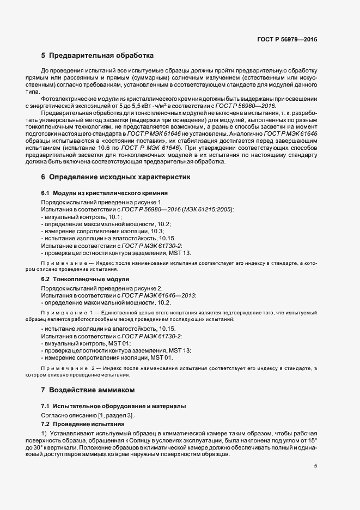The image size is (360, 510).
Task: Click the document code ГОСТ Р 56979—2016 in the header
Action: (287, 39)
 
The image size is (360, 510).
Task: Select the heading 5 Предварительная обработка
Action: (97, 56)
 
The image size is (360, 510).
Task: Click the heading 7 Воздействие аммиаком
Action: (88, 390)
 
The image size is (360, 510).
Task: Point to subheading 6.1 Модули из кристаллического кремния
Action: (104, 193)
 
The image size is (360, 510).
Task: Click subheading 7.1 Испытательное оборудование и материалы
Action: (113, 406)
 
